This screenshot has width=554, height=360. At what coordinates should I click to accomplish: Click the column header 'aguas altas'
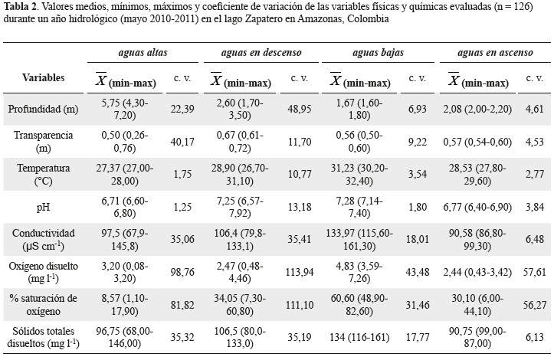coord(137,54)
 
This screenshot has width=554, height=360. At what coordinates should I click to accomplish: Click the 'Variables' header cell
coord(43,78)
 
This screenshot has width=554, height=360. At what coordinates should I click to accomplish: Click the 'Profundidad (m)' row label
coord(44,110)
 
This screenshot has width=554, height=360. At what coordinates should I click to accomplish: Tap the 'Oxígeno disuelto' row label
coord(44,265)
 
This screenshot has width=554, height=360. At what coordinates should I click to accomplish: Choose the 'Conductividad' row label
coord(44,233)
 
